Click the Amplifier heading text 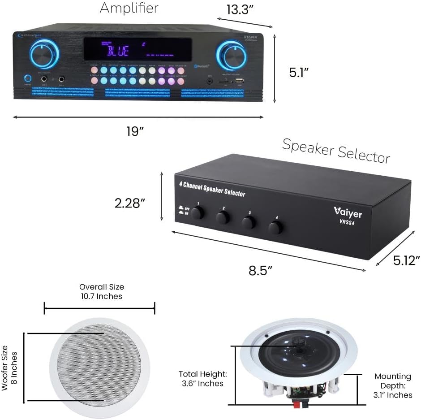point(129,8)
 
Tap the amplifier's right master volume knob point(231,56)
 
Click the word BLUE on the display point(118,50)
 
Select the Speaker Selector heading point(336,150)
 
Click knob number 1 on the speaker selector point(197,212)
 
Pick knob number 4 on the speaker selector point(275,227)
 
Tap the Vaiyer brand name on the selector point(348,212)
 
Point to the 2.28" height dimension point(130,203)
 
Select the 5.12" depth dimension point(405,260)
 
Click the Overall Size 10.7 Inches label point(102,291)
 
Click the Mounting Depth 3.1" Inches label point(393,385)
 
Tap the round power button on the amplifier point(28,78)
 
